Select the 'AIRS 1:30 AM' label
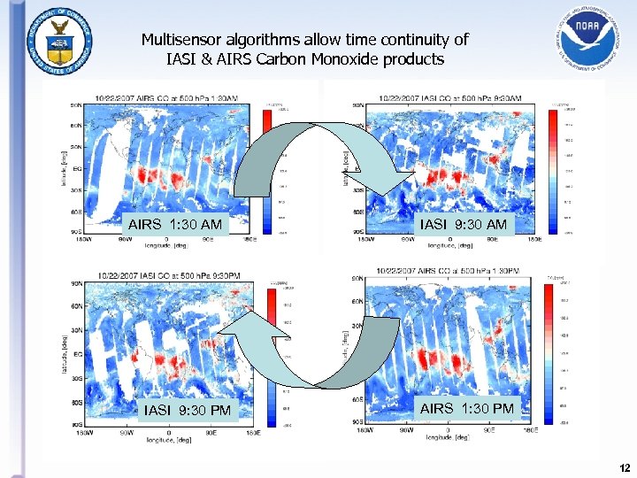175,225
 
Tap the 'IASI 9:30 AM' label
464,225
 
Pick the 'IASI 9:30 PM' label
188,410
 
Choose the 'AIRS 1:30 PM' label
466,408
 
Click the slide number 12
625,467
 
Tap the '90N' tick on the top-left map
77,104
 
